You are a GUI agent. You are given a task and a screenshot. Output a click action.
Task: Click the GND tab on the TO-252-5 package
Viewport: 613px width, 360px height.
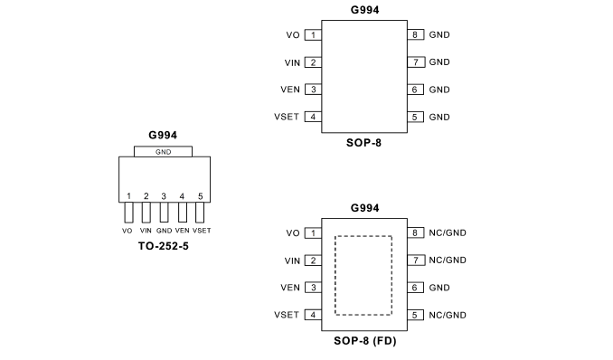pos(163,151)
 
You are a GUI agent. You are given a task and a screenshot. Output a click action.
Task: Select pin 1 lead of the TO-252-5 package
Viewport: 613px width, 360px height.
pos(128,213)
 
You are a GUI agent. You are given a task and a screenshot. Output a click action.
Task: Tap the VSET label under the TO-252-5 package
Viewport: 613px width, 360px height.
pos(202,231)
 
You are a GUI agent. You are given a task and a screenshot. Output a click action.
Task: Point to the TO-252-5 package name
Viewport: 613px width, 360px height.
pos(164,246)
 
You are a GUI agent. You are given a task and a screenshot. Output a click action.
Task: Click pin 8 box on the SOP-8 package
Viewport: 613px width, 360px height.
pos(416,35)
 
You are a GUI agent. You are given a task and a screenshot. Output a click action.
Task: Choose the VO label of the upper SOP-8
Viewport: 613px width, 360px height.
pos(293,35)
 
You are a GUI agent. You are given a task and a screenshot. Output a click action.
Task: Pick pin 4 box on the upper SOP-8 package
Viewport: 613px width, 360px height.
pos(313,117)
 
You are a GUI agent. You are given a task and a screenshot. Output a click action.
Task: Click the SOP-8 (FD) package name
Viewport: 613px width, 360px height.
pos(365,341)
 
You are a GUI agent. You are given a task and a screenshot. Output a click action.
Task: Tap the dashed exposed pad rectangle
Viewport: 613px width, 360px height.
pos(335,276)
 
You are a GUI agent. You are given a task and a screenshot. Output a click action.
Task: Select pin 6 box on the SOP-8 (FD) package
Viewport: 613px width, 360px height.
pos(416,288)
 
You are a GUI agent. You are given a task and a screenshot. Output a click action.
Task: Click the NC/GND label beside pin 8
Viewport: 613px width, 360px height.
pos(448,232)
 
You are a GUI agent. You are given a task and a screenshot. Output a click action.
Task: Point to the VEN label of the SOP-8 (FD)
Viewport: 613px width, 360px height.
pos(290,288)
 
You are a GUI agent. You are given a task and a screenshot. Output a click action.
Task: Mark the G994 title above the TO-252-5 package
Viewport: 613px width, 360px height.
pos(163,135)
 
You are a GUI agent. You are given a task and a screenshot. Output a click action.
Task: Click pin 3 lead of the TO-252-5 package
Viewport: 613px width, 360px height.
pos(165,213)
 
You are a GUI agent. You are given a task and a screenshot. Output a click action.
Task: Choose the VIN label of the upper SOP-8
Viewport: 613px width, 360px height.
pos(292,62)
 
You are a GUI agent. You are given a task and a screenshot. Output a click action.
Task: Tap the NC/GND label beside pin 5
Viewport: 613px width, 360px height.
pos(448,315)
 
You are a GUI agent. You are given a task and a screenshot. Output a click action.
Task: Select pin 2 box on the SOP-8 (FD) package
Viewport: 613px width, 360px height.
pos(313,261)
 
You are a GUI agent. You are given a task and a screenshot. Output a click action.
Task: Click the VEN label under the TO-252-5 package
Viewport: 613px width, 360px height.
pos(182,231)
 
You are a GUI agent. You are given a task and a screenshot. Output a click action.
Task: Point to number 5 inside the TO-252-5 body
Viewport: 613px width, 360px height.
pos(200,196)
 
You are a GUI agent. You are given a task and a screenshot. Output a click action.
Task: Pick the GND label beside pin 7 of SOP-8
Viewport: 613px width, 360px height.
pos(439,62)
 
